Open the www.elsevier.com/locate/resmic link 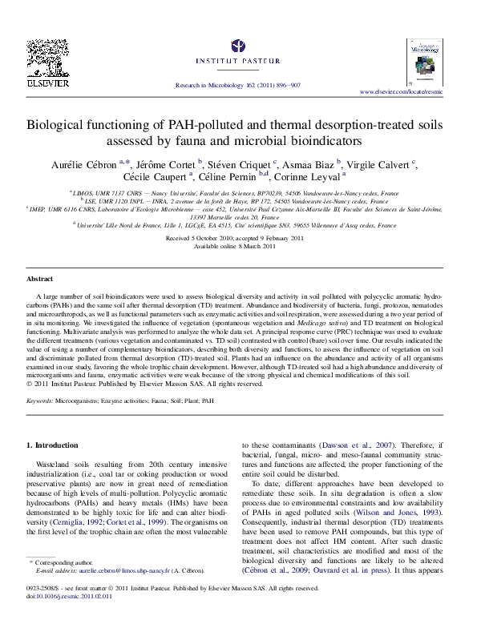pyautogui.click(x=410, y=93)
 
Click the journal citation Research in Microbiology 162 pyautogui.click(x=238, y=84)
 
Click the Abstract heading pyautogui.click(x=40, y=279)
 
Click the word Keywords pyautogui.click(x=39, y=399)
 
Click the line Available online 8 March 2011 pyautogui.click(x=238, y=247)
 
